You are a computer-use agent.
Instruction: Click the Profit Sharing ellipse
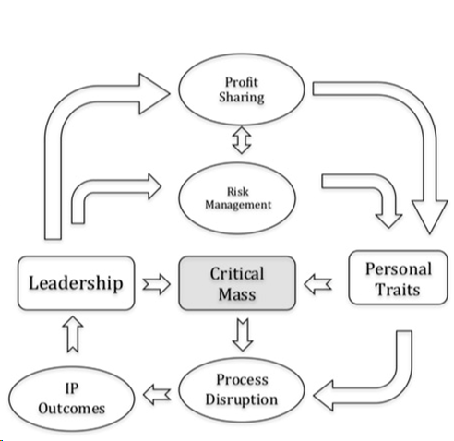coord(241,89)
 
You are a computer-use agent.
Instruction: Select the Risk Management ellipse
coord(242,197)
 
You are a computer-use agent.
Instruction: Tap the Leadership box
coord(75,281)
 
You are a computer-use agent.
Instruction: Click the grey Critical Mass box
coord(237,283)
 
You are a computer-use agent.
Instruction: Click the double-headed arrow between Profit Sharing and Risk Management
coord(241,140)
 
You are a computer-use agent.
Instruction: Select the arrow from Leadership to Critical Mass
coord(158,283)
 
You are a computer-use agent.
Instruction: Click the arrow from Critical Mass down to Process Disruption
coord(243,333)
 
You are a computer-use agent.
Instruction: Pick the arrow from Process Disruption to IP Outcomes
coord(159,394)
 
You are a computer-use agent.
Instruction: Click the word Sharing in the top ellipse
coord(242,98)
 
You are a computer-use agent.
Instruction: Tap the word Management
coord(242,204)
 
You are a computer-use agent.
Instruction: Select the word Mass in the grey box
coord(237,294)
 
